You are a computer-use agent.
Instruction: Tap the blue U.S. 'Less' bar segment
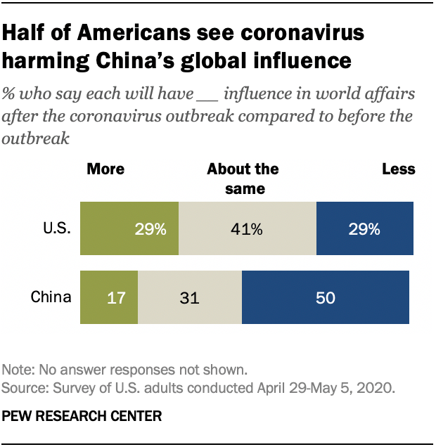[365, 228]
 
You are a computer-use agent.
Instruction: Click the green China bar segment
[110, 297]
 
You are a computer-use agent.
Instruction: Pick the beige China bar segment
[190, 297]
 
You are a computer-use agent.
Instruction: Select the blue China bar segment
[326, 297]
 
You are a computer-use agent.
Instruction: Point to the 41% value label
[248, 229]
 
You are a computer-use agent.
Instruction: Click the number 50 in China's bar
[325, 298]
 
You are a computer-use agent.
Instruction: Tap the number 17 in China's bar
[116, 298]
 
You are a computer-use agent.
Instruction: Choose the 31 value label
[189, 298]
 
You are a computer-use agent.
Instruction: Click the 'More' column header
[105, 169]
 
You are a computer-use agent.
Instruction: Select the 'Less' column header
[399, 169]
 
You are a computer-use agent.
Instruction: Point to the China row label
[51, 297]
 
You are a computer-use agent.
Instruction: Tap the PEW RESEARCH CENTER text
[82, 416]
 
